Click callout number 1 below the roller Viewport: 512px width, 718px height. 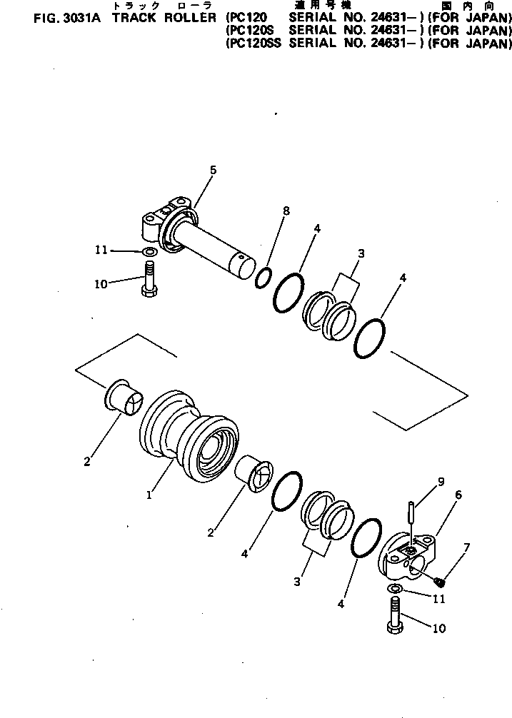pos(150,495)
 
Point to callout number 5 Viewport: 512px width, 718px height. pos(213,169)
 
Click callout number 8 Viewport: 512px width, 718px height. pos(286,211)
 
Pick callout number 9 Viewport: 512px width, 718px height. pos(441,481)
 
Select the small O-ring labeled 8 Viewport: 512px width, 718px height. pos(263,277)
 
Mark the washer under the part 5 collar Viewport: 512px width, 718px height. pos(149,252)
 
